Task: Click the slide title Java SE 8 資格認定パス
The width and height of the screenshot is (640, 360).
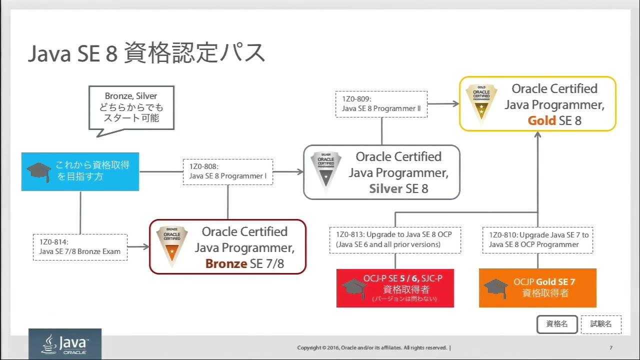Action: tap(146, 53)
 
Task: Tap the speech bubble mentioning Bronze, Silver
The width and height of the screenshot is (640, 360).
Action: tap(131, 107)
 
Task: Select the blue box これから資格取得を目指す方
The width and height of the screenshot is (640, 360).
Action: tap(80, 171)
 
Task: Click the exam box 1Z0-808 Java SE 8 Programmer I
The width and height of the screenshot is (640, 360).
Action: tap(228, 171)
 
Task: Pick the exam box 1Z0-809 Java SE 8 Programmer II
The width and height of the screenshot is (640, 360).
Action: tap(381, 104)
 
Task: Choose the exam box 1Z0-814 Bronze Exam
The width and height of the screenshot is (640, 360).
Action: tap(80, 246)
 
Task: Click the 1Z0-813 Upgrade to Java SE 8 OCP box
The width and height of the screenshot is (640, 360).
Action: tap(395, 239)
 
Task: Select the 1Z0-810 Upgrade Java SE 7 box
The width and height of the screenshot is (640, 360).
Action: tap(538, 239)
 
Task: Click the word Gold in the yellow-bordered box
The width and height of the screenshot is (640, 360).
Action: tap(541, 120)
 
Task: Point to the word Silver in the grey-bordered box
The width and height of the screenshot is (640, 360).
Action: tap(385, 188)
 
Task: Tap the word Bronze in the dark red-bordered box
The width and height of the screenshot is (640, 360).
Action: tap(226, 263)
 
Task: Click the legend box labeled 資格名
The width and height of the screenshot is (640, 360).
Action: tap(557, 324)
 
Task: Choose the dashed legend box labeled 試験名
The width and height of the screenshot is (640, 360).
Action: tap(601, 324)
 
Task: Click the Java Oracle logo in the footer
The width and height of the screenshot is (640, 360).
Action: tap(65, 344)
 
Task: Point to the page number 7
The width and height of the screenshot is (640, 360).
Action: tap(611, 348)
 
